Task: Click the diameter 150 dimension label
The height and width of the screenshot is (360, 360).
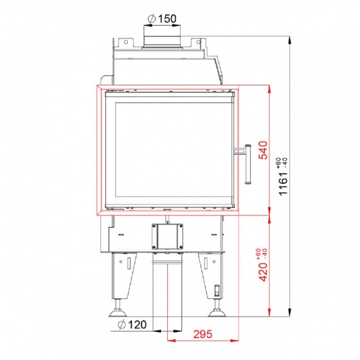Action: tap(162, 19)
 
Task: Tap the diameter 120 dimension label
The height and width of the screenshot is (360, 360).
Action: tap(132, 325)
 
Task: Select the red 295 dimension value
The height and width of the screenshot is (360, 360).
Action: tap(203, 334)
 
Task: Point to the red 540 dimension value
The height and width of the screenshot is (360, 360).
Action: tap(263, 150)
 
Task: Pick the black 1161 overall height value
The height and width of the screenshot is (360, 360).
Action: tap(283, 183)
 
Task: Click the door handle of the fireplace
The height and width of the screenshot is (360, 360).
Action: tap(246, 164)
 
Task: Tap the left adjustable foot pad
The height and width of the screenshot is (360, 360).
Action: tap(118, 312)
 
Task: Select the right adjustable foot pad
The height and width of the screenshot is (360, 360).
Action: tap(217, 312)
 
